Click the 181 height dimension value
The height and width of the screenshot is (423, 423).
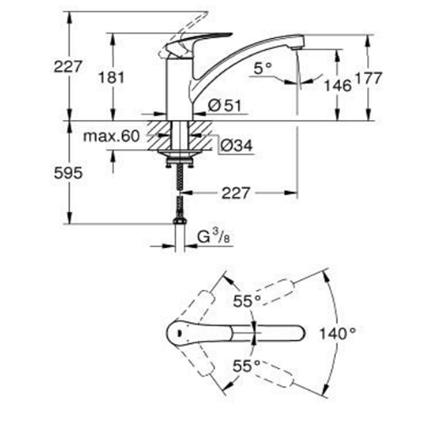tap(112, 77)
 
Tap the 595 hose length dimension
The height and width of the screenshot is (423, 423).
tap(69, 173)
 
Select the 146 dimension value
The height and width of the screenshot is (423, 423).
tap(338, 85)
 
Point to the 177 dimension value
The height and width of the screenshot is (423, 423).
tap(368, 78)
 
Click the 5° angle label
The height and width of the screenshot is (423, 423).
tap(262, 69)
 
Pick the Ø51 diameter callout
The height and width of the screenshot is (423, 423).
tap(225, 106)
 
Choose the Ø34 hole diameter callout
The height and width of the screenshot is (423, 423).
tap(236, 146)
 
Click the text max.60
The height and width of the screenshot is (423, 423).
tap(112, 136)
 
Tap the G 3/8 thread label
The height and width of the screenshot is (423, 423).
tap(213, 236)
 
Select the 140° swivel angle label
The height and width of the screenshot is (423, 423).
tap(338, 333)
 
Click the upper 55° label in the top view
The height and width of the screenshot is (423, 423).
tap(247, 301)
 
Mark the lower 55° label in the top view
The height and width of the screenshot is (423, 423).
tap(246, 366)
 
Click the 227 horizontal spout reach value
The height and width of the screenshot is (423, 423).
tap(236, 193)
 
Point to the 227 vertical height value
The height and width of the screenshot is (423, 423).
tap(68, 67)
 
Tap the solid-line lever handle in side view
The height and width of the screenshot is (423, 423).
tap(197, 42)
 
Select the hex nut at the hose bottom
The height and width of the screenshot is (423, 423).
tap(179, 220)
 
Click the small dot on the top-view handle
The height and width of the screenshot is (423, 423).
tap(178, 333)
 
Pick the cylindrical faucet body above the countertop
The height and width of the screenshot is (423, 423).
tap(179, 88)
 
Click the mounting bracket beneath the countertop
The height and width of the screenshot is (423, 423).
tap(179, 162)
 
